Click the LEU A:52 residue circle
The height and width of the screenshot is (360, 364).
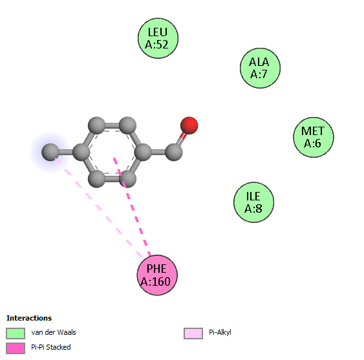point(158,38)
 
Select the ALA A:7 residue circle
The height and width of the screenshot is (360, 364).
point(260,68)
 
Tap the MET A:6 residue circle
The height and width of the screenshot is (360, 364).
point(314,137)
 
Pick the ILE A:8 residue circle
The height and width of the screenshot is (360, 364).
point(253,202)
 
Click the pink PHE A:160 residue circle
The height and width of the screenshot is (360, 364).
point(157,275)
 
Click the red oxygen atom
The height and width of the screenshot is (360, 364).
point(189,125)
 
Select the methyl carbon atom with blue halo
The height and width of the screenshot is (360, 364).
point(50,152)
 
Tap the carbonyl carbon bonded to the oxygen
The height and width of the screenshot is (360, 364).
point(174,152)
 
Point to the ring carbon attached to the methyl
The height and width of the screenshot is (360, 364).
point(81,152)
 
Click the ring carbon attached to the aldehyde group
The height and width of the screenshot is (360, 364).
point(143,152)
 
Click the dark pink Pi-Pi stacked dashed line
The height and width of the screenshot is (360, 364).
point(132,207)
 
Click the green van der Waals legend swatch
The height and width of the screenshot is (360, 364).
point(16,334)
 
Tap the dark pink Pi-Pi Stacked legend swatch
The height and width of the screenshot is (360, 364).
point(16,348)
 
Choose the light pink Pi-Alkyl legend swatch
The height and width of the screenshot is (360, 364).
point(193,334)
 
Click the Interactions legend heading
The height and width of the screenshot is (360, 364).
point(29,318)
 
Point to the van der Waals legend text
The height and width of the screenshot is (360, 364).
point(54,332)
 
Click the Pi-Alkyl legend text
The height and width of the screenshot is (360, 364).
point(220,333)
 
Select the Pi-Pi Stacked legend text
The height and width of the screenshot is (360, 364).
point(51,347)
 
